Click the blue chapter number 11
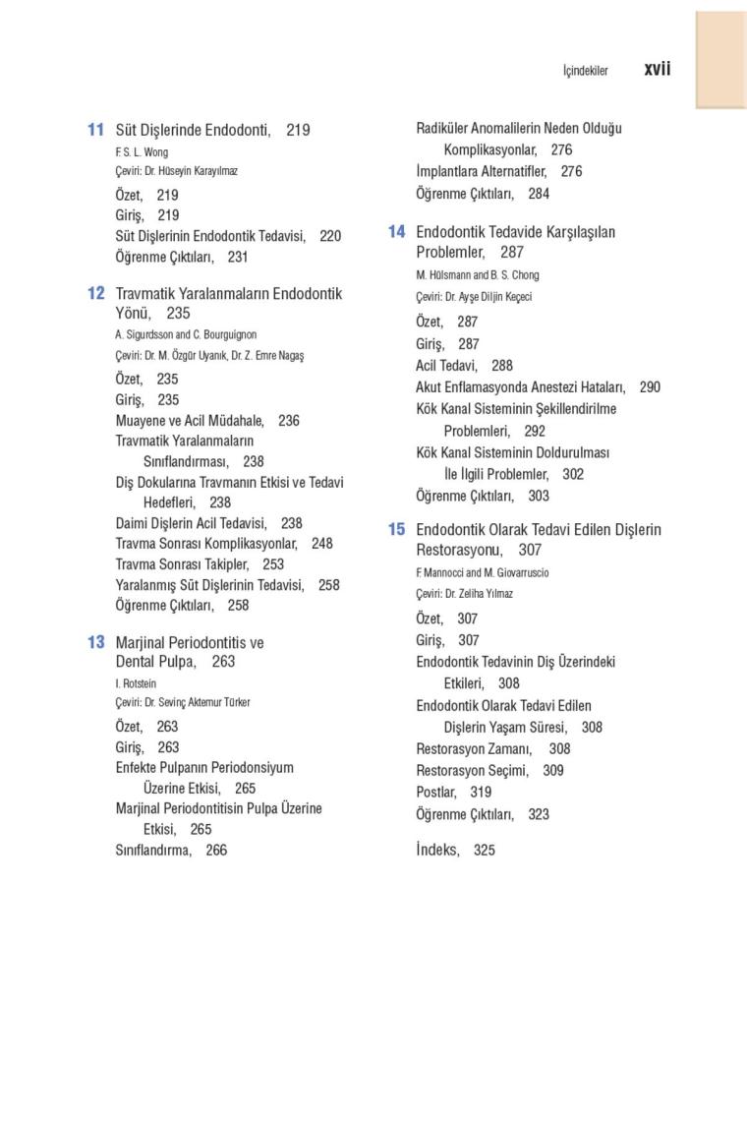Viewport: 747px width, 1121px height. click(x=95, y=130)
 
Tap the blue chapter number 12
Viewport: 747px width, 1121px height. click(x=95, y=293)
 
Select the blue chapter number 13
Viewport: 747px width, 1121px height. click(x=95, y=642)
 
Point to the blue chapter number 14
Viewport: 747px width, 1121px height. click(x=396, y=232)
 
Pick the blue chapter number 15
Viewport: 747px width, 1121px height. click(x=396, y=529)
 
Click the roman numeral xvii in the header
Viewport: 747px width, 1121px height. click(x=658, y=70)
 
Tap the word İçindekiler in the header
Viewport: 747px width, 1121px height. click(x=585, y=71)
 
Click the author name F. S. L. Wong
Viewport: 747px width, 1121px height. click(x=142, y=152)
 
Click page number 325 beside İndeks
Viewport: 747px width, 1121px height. click(x=484, y=850)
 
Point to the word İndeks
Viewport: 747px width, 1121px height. click(x=436, y=850)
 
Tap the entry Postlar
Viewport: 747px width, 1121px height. click(x=435, y=792)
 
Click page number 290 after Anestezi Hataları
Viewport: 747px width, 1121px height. click(x=650, y=387)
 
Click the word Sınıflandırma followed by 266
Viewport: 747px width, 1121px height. click(x=152, y=850)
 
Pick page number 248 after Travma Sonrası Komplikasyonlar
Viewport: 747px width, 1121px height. click(x=321, y=543)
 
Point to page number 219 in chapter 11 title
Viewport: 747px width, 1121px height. click(x=298, y=130)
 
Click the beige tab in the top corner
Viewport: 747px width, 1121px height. click(x=721, y=59)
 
